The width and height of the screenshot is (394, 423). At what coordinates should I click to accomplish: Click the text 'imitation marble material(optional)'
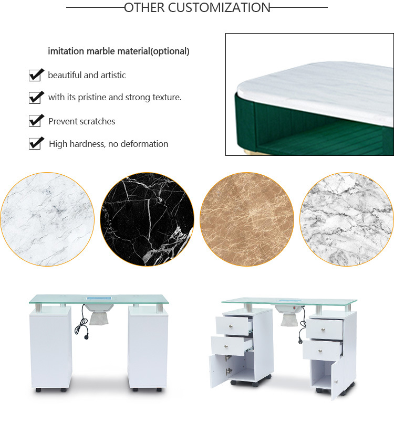(x=119, y=51)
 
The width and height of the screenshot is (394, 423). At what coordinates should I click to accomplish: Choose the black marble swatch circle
(x=147, y=219)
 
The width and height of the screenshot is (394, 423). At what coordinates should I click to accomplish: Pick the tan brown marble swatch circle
(x=246, y=219)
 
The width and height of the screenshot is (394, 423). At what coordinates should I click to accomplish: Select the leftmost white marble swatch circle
(x=47, y=219)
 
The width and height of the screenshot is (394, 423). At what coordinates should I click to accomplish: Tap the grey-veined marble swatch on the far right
(x=347, y=219)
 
